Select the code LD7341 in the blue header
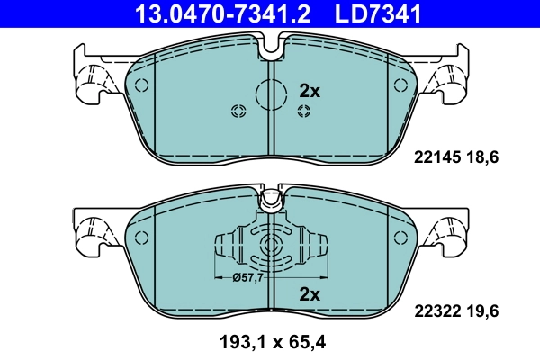[372, 13]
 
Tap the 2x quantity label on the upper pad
[309, 91]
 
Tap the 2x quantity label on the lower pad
[309, 293]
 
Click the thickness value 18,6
[481, 157]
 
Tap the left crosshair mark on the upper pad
[238, 111]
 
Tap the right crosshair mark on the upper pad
[304, 111]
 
